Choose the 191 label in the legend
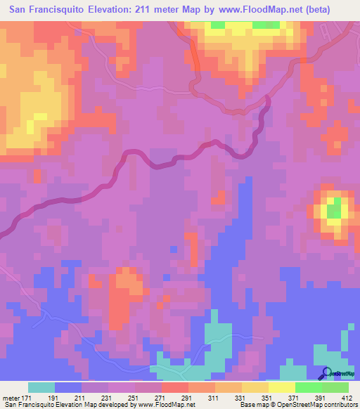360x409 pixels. [x=69, y=398]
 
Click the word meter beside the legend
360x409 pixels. [x=11, y=398]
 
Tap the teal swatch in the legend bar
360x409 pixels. [x=41, y=388]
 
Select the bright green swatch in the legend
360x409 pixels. [x=309, y=388]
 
